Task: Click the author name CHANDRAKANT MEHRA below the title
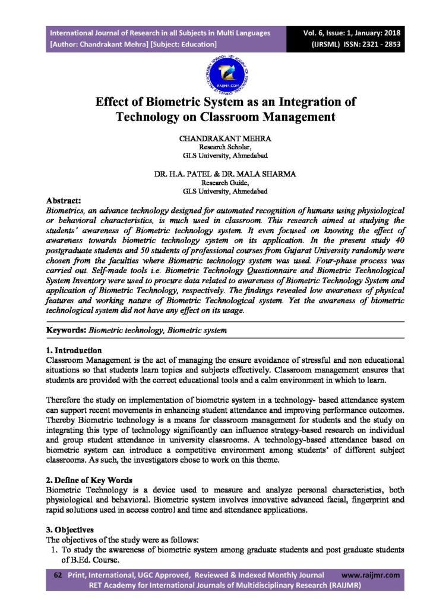tap(225, 138)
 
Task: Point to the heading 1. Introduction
tap(74, 350)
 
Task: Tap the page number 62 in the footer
tap(58, 575)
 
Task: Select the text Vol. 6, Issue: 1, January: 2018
tap(353, 33)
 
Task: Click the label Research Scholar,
tap(225, 147)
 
